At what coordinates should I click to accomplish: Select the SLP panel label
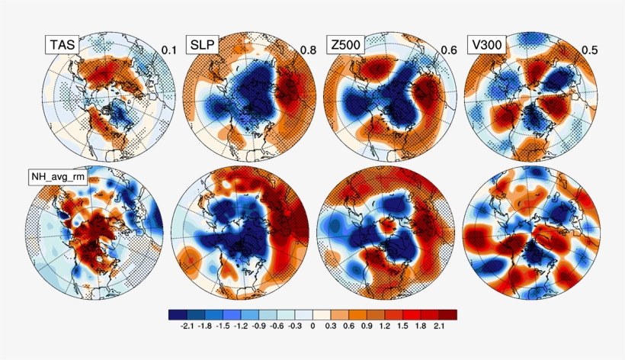202,44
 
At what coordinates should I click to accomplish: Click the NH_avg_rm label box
56,178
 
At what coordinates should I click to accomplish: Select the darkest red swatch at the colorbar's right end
449,313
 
